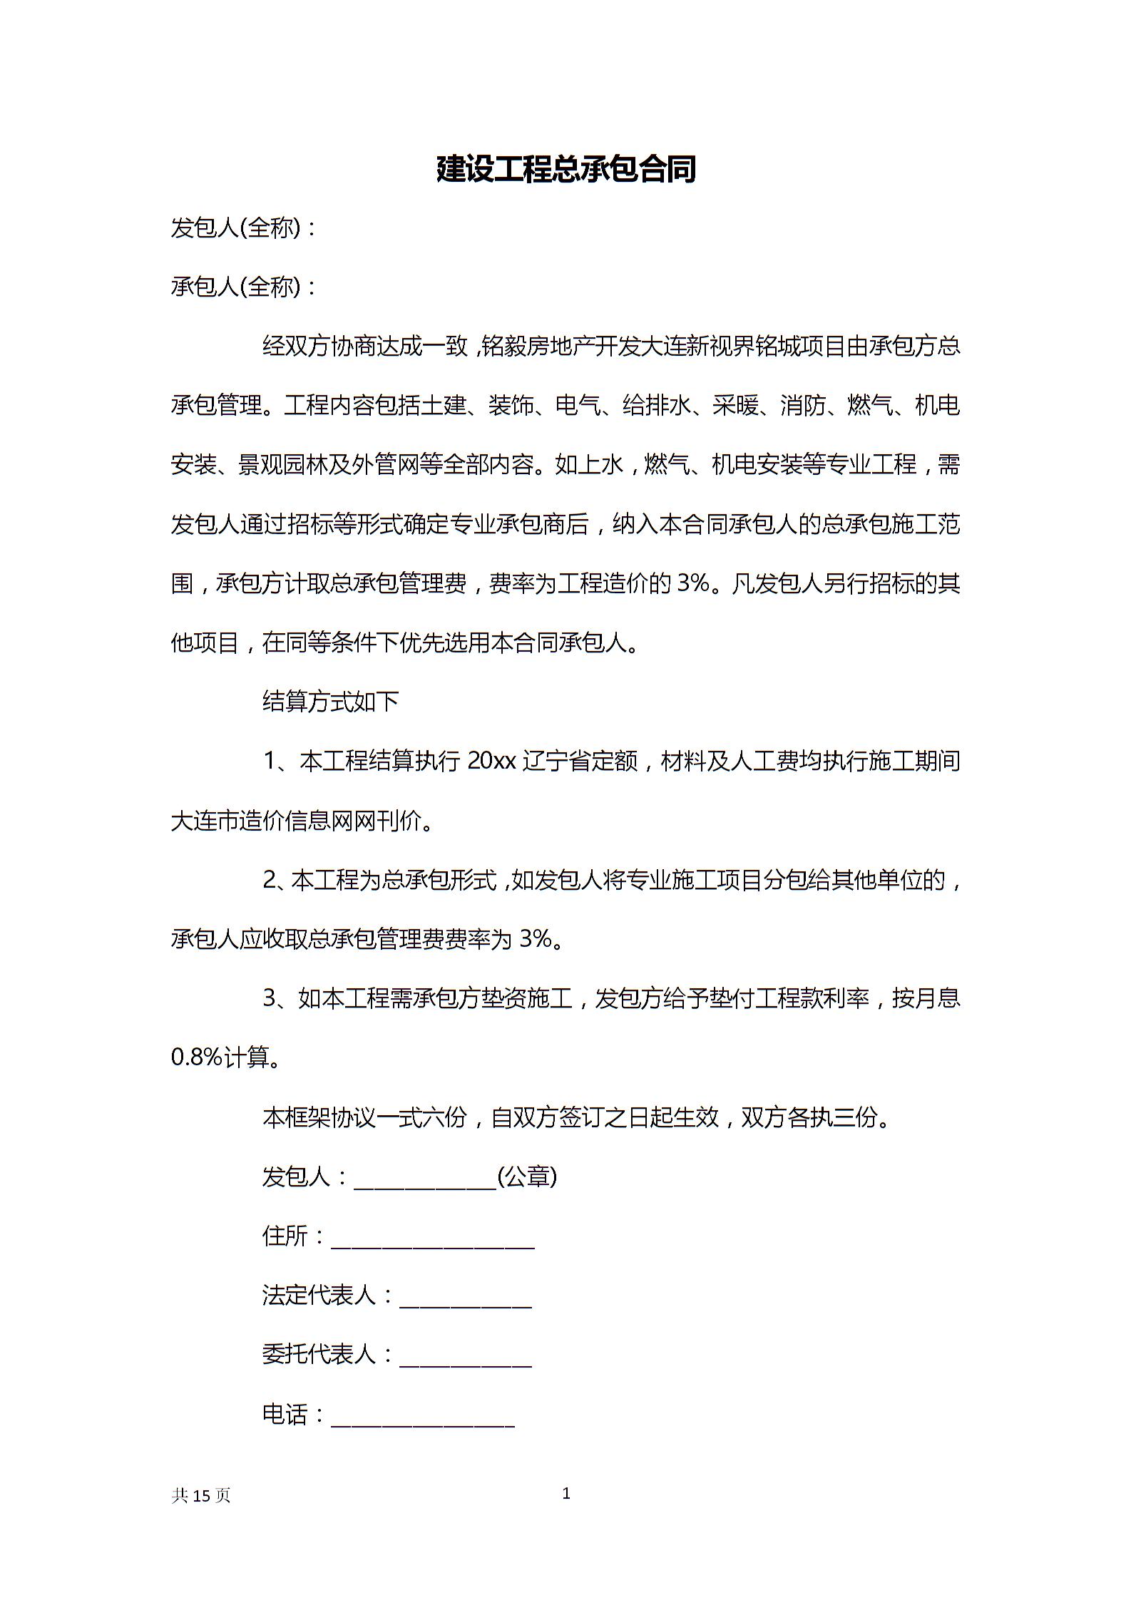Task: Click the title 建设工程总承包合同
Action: pos(565,169)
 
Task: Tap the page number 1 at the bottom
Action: pos(566,1492)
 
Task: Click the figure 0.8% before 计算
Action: pos(197,1057)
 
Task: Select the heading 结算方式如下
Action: pos(331,702)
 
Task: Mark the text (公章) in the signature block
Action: pos(527,1176)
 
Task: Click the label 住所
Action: pos(285,1236)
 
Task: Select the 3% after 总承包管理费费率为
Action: pos(536,939)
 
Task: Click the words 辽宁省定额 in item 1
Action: pos(580,761)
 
